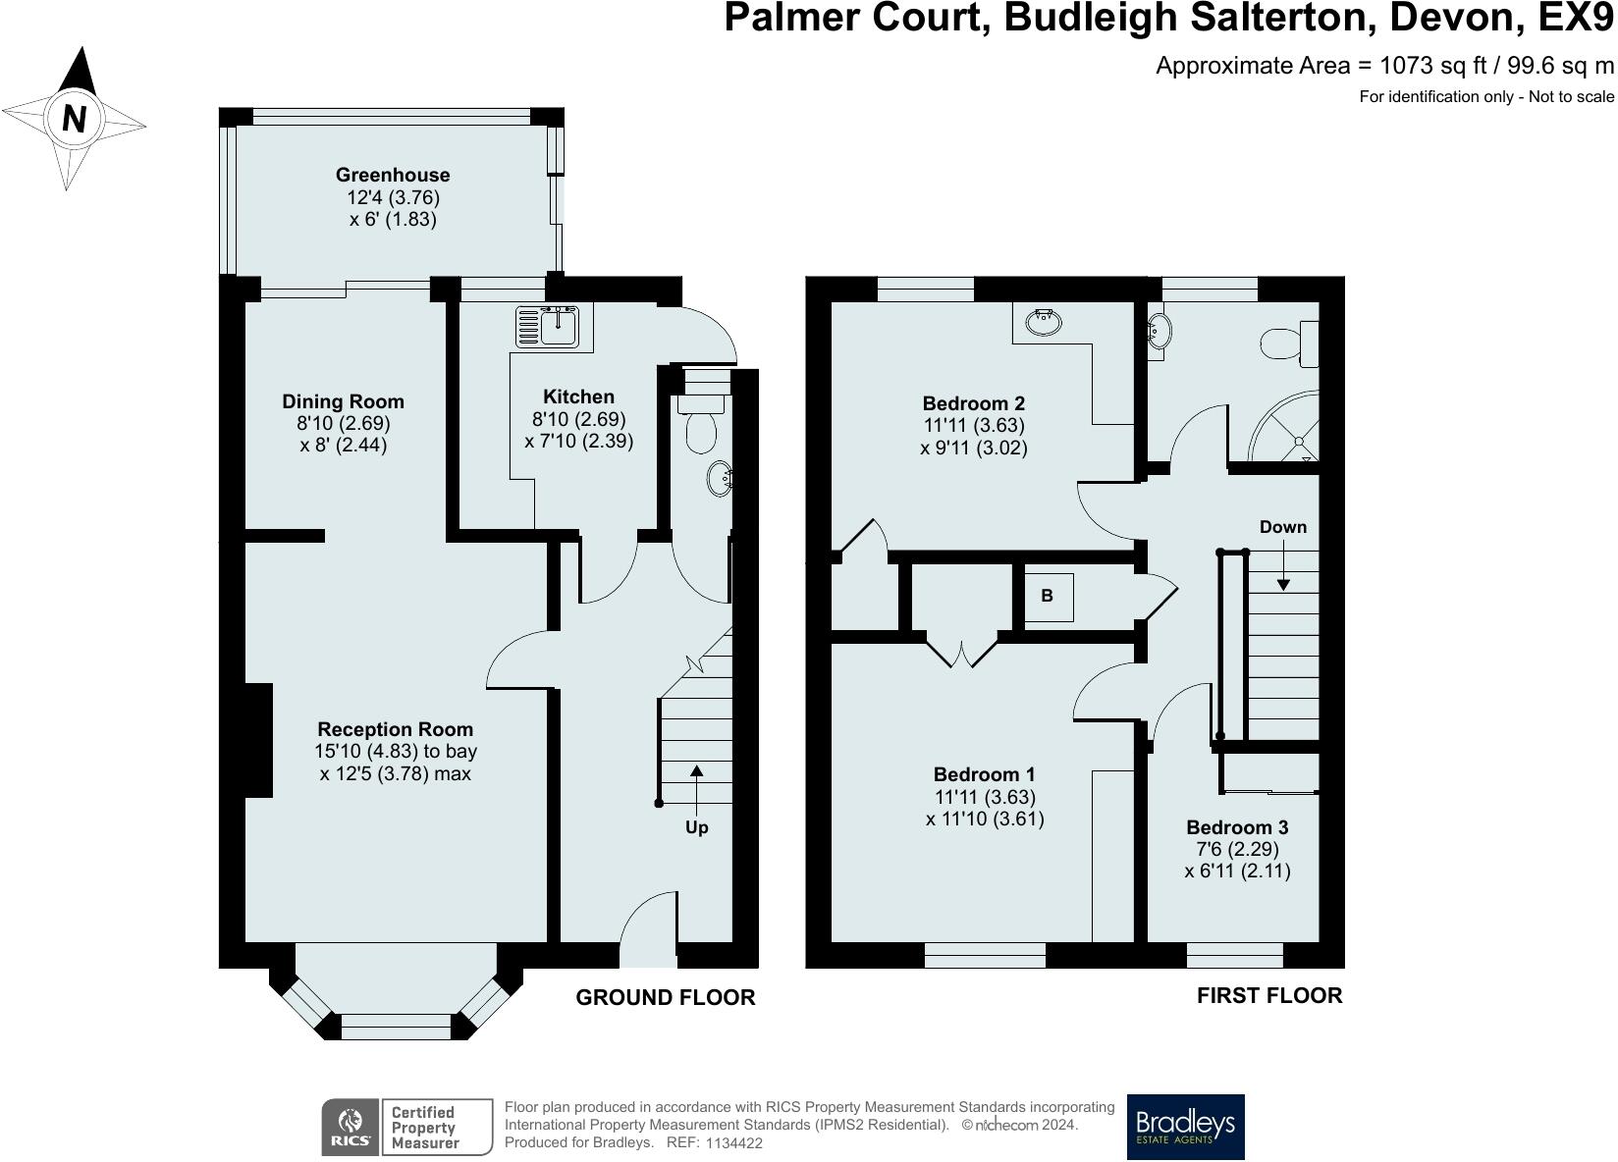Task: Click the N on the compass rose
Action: coord(74,119)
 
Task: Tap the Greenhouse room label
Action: coord(393,175)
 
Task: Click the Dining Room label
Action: coord(343,401)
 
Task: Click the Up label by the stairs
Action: coord(696,827)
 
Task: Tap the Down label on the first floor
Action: coord(1282,527)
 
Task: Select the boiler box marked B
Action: coord(1048,596)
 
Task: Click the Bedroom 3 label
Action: coord(1237,827)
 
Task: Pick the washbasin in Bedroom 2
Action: coord(1043,321)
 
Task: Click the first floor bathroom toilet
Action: coord(1287,343)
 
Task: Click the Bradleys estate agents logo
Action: coord(1185,1127)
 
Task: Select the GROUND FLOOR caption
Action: coord(665,997)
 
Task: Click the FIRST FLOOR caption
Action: coord(1268,995)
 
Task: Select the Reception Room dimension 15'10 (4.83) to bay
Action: coord(396,752)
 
